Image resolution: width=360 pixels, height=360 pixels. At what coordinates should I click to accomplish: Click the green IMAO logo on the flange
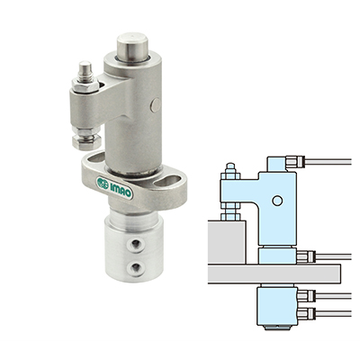(x=114, y=187)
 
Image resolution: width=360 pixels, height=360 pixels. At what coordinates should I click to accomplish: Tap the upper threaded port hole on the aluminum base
(x=133, y=246)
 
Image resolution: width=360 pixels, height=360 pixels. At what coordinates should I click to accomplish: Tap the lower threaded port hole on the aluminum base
(x=134, y=266)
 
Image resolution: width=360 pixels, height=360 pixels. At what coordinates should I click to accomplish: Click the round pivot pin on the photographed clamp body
(x=156, y=105)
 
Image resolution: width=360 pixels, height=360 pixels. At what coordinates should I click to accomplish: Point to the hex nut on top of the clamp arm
(x=85, y=86)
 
